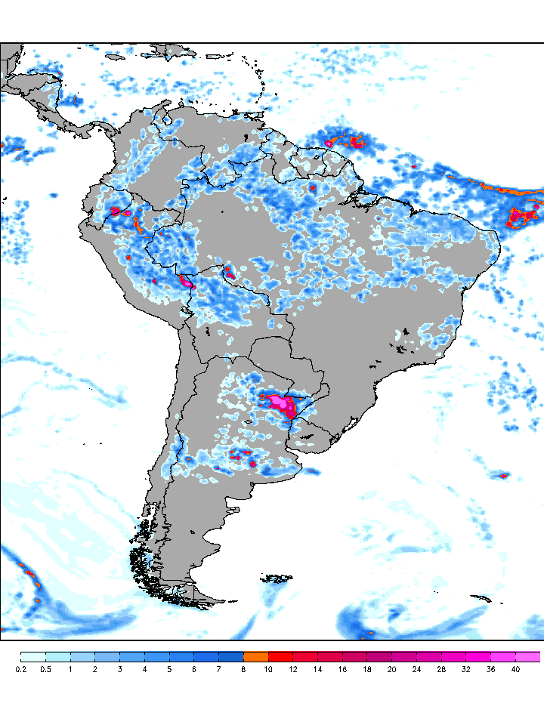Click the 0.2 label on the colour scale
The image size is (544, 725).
[x=20, y=669]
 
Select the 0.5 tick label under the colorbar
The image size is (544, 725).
[x=45, y=669]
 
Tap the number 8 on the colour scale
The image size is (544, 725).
[x=243, y=669]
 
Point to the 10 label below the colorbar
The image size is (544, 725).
[x=268, y=669]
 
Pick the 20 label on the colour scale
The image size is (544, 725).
[x=391, y=669]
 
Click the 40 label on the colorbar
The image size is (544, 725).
[x=515, y=669]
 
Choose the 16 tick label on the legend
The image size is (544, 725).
[x=342, y=669]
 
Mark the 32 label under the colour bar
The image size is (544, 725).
[x=466, y=669]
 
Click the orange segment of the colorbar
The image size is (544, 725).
[x=256, y=656]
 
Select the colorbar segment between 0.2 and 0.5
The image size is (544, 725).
[x=33, y=656]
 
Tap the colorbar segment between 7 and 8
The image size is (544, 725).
[x=231, y=656]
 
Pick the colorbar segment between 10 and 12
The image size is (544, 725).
[x=281, y=656]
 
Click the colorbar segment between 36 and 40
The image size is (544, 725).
[x=503, y=656]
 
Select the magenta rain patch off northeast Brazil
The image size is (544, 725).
[x=520, y=217]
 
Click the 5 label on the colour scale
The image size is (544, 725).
[x=169, y=669]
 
